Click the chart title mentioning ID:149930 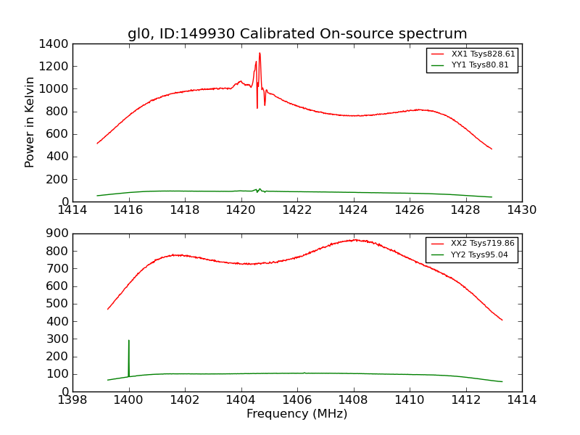click(297, 34)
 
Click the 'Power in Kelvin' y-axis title click(30, 122)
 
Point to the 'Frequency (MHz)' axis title click(297, 414)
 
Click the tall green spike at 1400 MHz click(129, 341)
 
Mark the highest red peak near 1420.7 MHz click(260, 53)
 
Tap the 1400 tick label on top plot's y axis click(57, 44)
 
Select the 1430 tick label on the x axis click(521, 210)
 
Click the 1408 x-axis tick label click(353, 400)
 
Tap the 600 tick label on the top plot click(59, 134)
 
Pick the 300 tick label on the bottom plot click(59, 339)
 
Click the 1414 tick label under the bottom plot click(521, 400)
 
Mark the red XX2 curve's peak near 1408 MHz click(354, 240)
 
